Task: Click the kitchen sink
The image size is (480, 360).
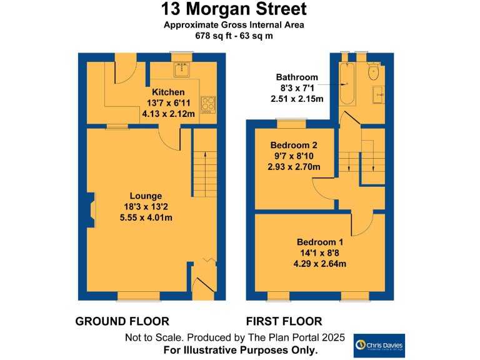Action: (x=182, y=69)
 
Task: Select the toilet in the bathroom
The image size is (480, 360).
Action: (x=374, y=71)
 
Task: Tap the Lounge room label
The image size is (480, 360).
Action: (x=146, y=196)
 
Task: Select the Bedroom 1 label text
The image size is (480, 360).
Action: (x=320, y=242)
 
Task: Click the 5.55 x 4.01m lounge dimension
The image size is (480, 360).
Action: (x=146, y=217)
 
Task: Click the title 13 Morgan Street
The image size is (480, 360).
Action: (x=234, y=9)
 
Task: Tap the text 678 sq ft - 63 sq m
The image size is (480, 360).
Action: (x=233, y=36)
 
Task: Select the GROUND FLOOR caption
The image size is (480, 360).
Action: (x=122, y=321)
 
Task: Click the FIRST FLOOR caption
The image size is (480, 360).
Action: (x=284, y=321)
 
